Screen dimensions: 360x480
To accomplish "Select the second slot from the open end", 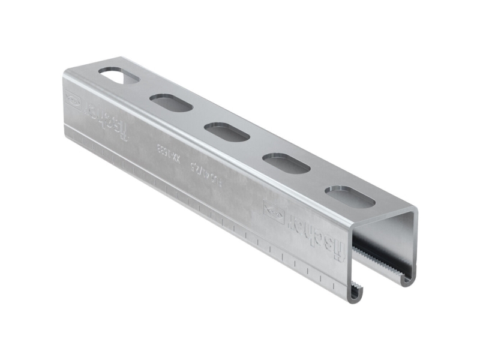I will (286, 163).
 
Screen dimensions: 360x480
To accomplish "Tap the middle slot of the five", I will (227, 132).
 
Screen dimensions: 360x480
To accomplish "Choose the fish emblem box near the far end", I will (73, 98).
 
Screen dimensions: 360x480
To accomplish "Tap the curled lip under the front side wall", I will (355, 293).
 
